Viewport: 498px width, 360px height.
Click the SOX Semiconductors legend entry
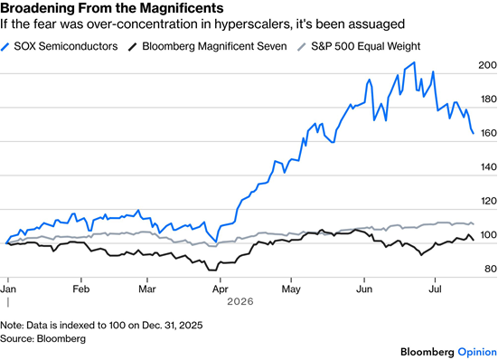point(59,46)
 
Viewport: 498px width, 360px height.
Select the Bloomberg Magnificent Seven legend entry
point(207,46)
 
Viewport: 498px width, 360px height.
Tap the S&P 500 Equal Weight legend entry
point(359,46)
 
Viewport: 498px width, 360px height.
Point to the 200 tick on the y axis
point(487,65)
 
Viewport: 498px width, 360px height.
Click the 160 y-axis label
point(487,133)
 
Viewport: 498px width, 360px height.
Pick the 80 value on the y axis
point(491,269)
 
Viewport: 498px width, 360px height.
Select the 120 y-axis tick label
point(487,201)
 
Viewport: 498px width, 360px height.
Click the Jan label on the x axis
point(8,289)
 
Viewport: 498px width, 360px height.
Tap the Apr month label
point(221,289)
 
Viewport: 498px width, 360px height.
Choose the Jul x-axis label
point(435,289)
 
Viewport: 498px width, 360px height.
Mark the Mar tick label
point(147,289)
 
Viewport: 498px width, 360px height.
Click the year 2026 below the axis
point(240,301)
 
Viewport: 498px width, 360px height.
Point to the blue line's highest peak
point(414,62)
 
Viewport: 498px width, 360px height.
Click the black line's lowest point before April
point(212,270)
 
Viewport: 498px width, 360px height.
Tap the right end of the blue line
point(474,134)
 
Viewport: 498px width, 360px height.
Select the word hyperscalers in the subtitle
point(253,24)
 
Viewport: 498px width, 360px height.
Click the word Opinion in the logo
point(477,352)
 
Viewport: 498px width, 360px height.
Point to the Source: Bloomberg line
point(42,338)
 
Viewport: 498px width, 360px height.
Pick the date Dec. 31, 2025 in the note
point(172,326)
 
